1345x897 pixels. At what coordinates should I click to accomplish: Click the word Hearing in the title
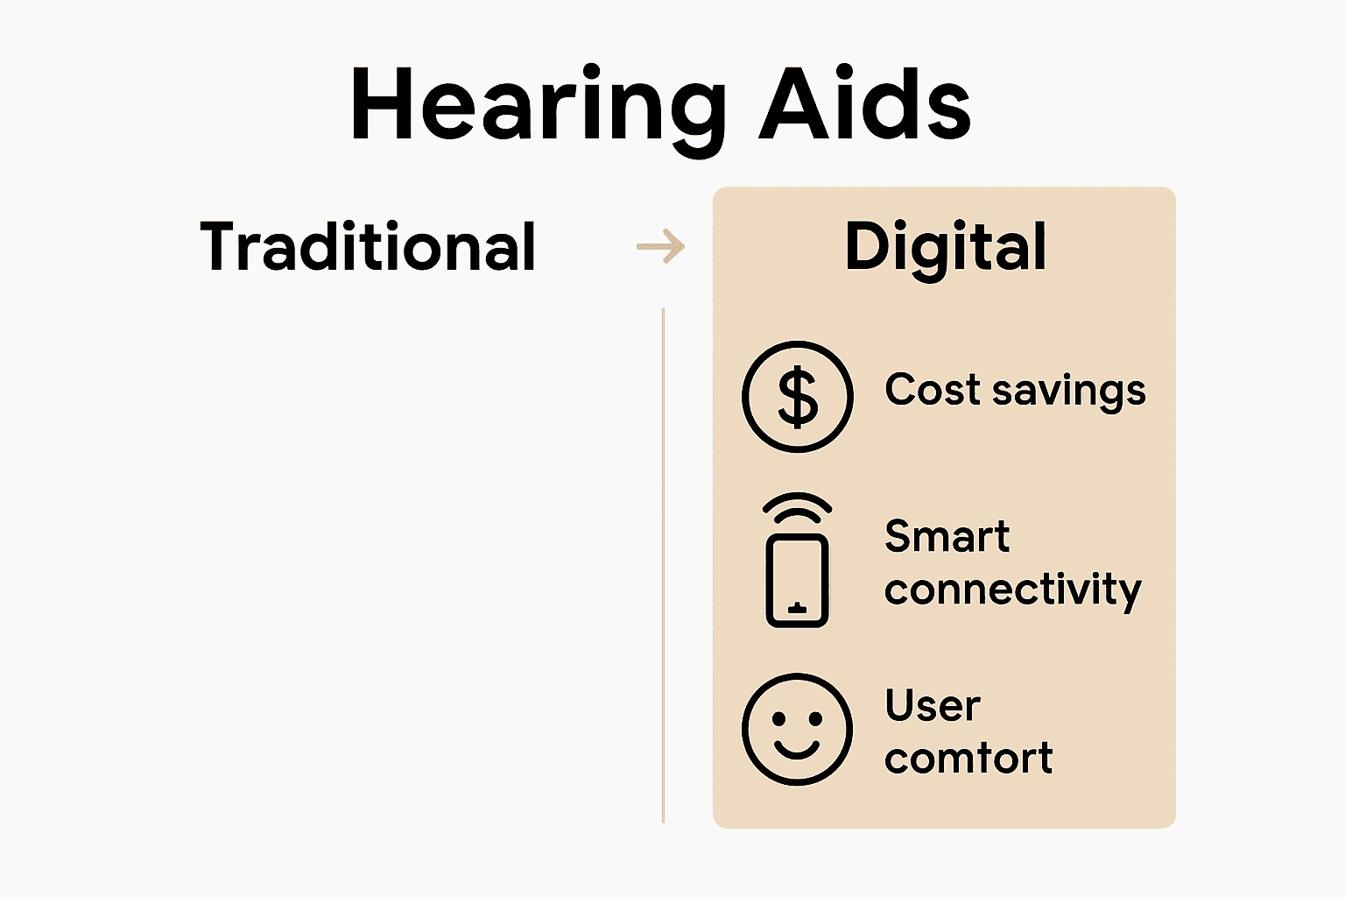coord(537,105)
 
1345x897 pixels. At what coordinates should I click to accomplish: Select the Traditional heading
coord(368,247)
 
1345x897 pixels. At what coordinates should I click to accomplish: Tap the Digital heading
coord(945,248)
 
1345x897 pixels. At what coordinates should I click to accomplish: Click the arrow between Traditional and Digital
coord(661,246)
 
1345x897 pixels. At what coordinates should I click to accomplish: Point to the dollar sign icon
coord(797,397)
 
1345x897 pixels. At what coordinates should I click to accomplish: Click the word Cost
coord(932,389)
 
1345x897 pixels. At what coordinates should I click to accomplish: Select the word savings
coord(1068,392)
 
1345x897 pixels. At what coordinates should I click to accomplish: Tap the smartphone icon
coord(797,580)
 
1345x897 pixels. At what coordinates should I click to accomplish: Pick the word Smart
coord(947,536)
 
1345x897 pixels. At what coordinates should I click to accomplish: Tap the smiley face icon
coord(797,729)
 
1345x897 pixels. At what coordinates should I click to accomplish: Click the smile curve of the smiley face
coord(797,752)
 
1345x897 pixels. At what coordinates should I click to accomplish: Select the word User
coord(932,705)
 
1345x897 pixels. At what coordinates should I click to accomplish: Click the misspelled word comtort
coord(968,759)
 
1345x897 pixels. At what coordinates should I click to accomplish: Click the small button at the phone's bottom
coord(797,606)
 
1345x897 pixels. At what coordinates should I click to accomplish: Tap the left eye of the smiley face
coord(778,719)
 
